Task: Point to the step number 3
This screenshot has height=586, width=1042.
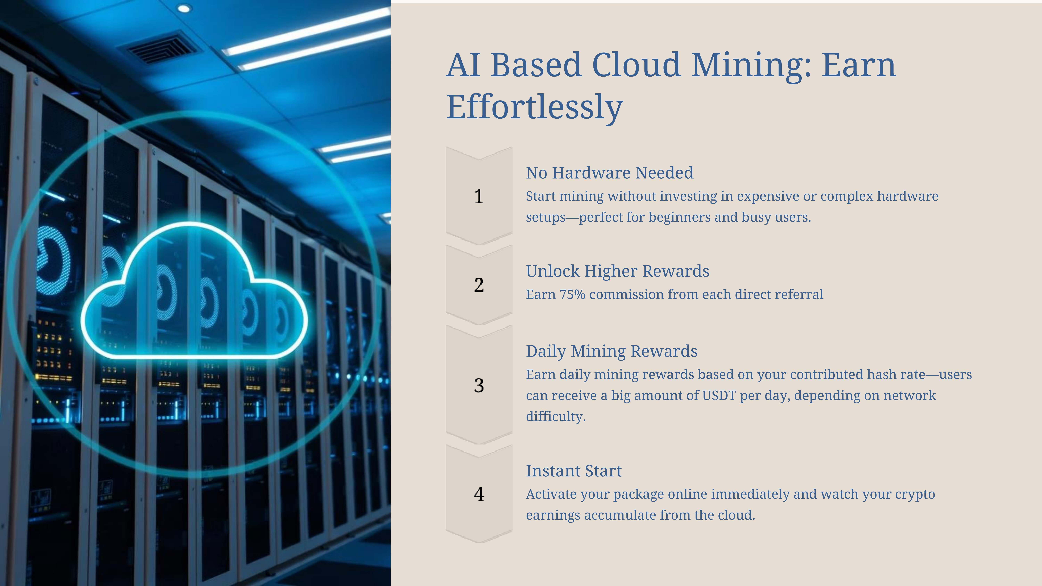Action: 479,385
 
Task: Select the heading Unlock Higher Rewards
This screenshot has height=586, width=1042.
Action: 617,271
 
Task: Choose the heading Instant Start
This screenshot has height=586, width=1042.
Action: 574,471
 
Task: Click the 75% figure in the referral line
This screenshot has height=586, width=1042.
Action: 572,294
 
